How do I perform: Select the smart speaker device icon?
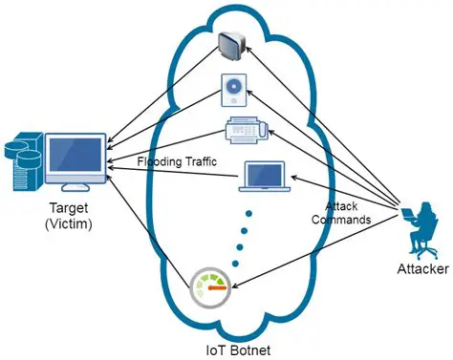(234, 90)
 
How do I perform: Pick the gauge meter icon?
(212, 287)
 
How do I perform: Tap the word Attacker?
(421, 269)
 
